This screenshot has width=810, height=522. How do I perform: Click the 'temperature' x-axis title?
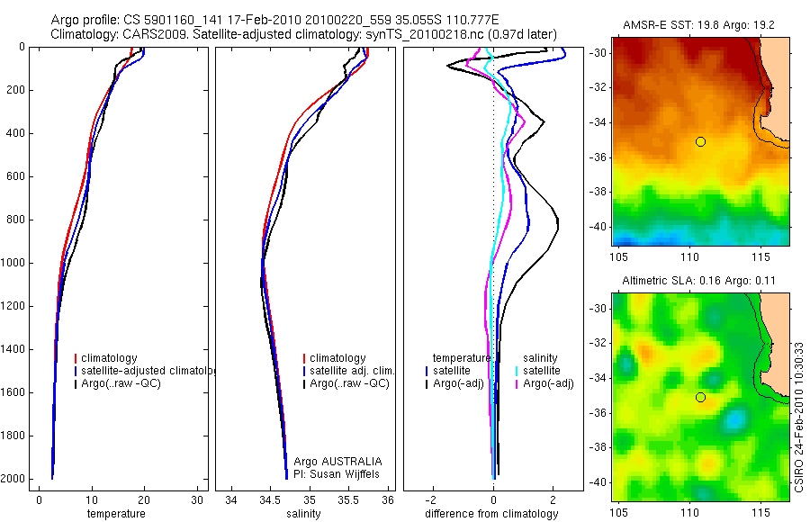pos(115,514)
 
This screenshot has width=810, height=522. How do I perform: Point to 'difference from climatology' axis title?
pos(491,514)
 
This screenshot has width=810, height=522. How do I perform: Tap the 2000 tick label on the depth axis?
pos(12,479)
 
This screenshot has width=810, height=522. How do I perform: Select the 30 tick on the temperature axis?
pos(197,499)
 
